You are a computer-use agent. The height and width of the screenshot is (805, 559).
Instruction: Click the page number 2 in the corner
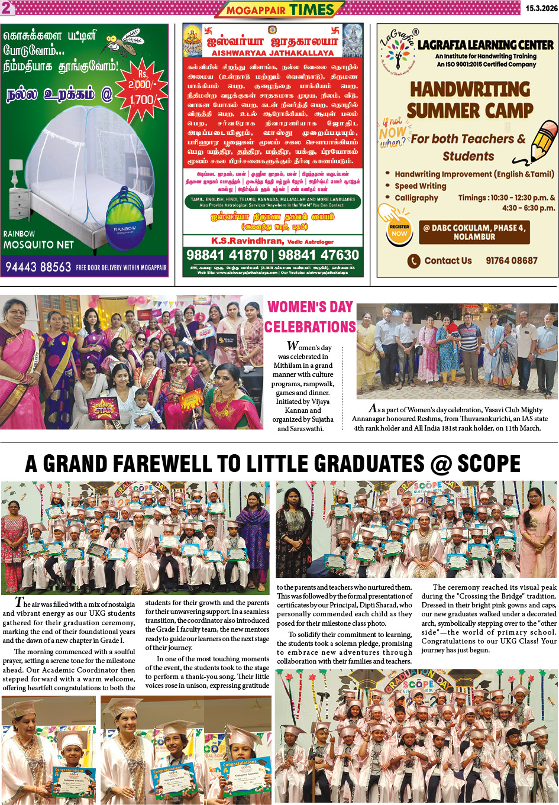(x=6, y=8)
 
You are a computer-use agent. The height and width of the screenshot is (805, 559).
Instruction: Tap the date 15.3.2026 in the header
(x=541, y=8)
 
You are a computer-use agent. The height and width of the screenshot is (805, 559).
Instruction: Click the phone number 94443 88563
(x=38, y=267)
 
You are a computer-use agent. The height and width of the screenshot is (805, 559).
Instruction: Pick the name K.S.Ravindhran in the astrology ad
(x=247, y=241)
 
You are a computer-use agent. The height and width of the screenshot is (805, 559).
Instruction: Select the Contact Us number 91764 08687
(x=512, y=260)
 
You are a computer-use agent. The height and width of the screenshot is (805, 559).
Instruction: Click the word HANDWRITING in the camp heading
(x=470, y=89)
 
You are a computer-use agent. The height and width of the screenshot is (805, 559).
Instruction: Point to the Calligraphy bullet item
(x=416, y=198)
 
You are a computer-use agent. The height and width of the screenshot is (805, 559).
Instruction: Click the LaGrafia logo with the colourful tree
(x=398, y=50)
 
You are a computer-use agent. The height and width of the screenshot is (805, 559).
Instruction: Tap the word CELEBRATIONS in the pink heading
(x=310, y=327)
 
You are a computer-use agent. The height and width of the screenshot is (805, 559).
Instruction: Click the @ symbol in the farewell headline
(x=440, y=464)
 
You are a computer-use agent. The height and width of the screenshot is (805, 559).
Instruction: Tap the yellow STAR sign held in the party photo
(x=102, y=408)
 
